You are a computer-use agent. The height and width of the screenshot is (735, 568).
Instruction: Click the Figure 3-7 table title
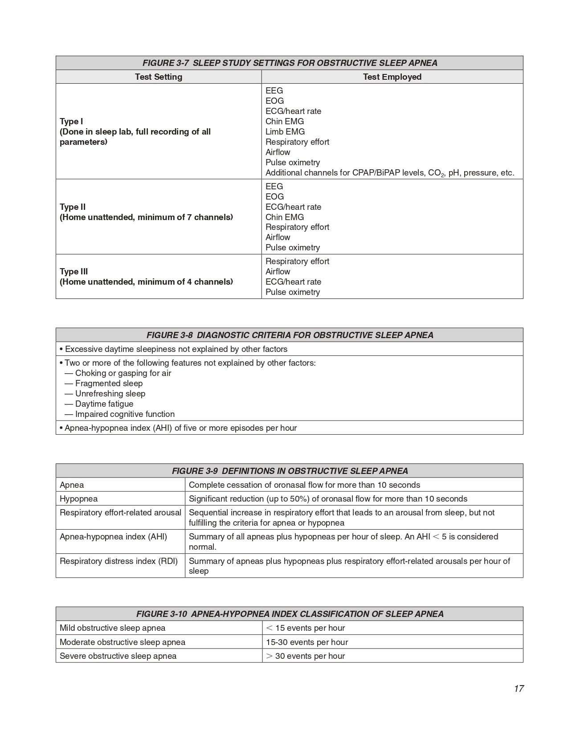click(x=290, y=63)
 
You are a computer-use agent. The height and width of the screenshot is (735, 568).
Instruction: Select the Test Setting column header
click(x=159, y=77)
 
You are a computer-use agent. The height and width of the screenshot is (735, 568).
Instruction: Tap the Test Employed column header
click(x=392, y=77)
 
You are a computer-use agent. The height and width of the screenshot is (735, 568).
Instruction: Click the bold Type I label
click(x=71, y=121)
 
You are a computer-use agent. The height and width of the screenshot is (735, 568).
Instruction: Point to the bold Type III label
click(x=74, y=271)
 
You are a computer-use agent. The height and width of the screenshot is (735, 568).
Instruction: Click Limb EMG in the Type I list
click(x=285, y=131)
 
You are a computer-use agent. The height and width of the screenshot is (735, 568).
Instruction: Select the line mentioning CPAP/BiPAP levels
click(x=390, y=173)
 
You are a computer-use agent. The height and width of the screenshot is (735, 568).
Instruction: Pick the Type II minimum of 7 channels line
click(x=146, y=217)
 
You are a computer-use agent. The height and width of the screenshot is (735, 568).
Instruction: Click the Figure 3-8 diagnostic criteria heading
click(x=290, y=335)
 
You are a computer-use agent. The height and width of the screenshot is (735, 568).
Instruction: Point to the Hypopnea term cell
click(x=78, y=498)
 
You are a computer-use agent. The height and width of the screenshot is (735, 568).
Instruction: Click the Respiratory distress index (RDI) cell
click(x=119, y=561)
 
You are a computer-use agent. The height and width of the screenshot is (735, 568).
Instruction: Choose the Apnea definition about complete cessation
click(x=304, y=485)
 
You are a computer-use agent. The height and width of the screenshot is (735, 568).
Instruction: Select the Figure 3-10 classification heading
click(x=290, y=614)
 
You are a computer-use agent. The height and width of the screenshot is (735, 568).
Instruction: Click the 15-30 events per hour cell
click(x=307, y=642)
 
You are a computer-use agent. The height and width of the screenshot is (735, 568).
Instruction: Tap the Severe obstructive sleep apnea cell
click(x=118, y=656)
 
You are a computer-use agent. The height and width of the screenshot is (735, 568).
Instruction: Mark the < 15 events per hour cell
click(x=305, y=628)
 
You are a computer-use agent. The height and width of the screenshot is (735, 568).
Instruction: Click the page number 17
click(x=519, y=689)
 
